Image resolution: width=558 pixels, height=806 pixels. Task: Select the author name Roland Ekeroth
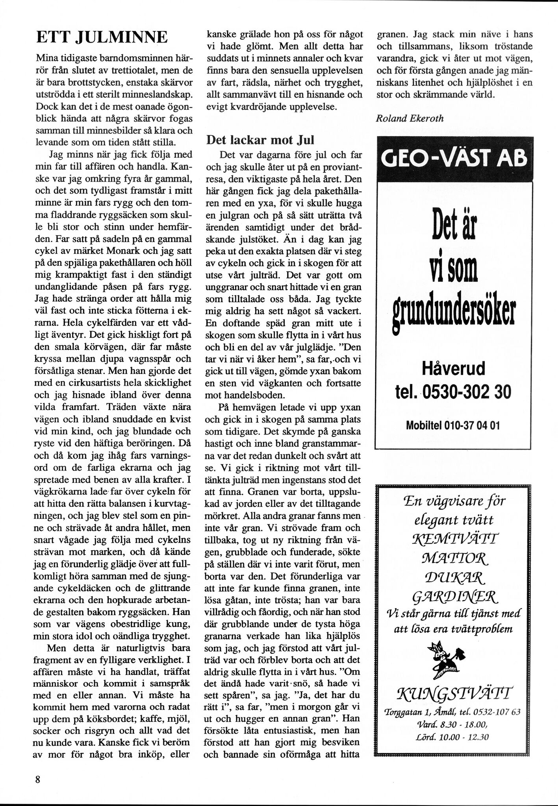coord(410,118)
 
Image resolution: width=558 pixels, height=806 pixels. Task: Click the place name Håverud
coord(453,370)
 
